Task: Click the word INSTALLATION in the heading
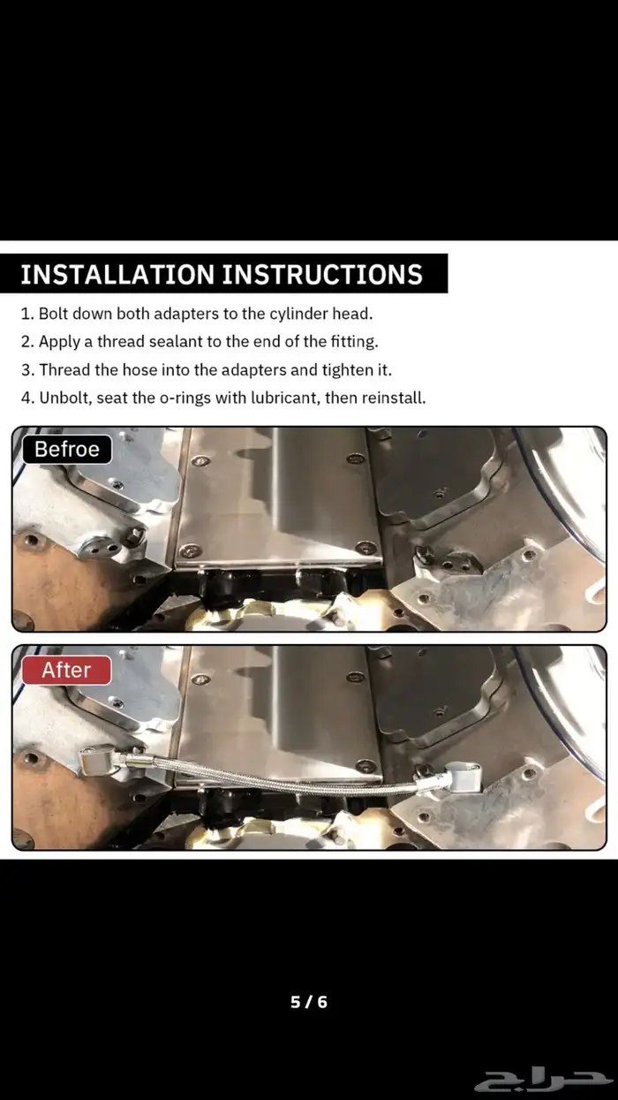pyautogui.click(x=117, y=274)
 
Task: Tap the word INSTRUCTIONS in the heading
pyautogui.click(x=322, y=274)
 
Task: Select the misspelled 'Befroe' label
pyautogui.click(x=67, y=450)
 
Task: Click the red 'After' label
pyautogui.click(x=66, y=670)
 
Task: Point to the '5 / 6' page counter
pyautogui.click(x=309, y=1002)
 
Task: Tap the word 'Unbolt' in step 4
pyautogui.click(x=66, y=398)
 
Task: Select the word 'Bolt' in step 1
pyautogui.click(x=53, y=314)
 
